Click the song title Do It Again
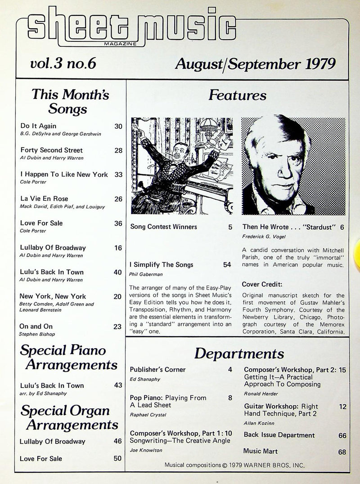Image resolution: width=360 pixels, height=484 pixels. pos(38,126)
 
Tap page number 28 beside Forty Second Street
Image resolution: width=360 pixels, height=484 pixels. pos(118,150)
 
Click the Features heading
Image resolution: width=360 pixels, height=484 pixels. pos(237,95)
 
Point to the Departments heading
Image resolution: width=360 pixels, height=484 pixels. pos(239,354)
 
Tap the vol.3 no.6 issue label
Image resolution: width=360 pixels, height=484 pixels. pos(63,64)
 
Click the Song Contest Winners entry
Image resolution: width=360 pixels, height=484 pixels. pos(163,227)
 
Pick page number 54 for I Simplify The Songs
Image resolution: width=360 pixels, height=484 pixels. pos(227,264)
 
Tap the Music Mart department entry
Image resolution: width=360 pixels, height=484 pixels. pos(261,451)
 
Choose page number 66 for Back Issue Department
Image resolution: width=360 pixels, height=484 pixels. pos(342,435)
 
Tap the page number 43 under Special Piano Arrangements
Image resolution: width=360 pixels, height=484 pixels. pos(118,385)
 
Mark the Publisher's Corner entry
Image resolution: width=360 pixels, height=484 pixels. pos(157,370)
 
